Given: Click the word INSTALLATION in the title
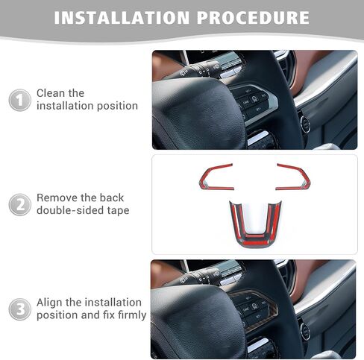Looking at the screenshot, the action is coord(122,18).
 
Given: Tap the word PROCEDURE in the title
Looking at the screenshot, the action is coord(253,18).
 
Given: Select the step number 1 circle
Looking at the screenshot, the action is coord(20,100).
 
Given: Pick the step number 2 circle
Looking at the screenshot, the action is coord(20,205).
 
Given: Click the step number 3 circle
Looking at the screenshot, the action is coord(20,309).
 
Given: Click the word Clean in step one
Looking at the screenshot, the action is coord(51,93).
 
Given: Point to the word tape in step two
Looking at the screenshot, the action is coord(119,211).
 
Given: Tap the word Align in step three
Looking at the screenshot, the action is coord(50,303).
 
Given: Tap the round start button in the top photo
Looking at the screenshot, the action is coord(305,123).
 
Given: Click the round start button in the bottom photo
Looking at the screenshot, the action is coord(305,332).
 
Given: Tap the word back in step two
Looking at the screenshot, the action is coord(111,198).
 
